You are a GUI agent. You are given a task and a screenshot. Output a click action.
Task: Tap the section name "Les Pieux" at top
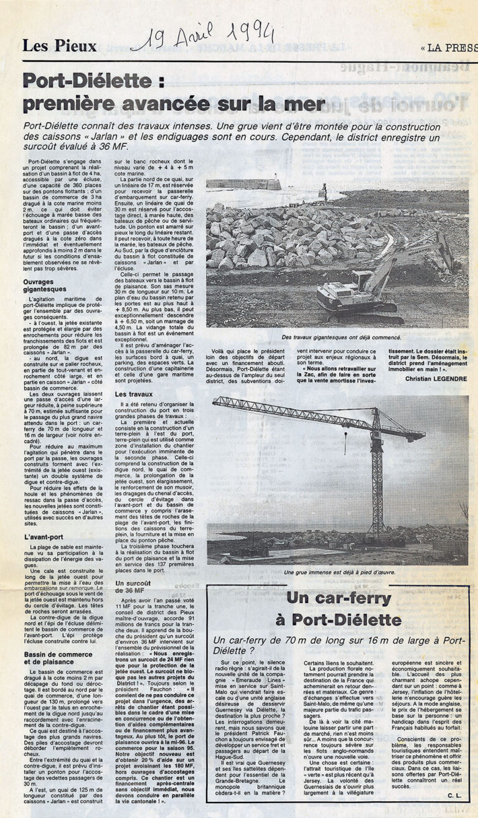pos(60,45)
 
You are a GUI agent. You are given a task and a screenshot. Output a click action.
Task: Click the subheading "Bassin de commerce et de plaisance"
pos(60,658)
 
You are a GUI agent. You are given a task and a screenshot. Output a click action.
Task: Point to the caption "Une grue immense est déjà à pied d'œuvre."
pos(339,572)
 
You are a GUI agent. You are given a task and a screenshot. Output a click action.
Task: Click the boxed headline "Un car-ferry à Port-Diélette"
pos(338,610)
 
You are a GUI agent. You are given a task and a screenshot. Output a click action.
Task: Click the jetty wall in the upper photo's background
pos(243,184)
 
